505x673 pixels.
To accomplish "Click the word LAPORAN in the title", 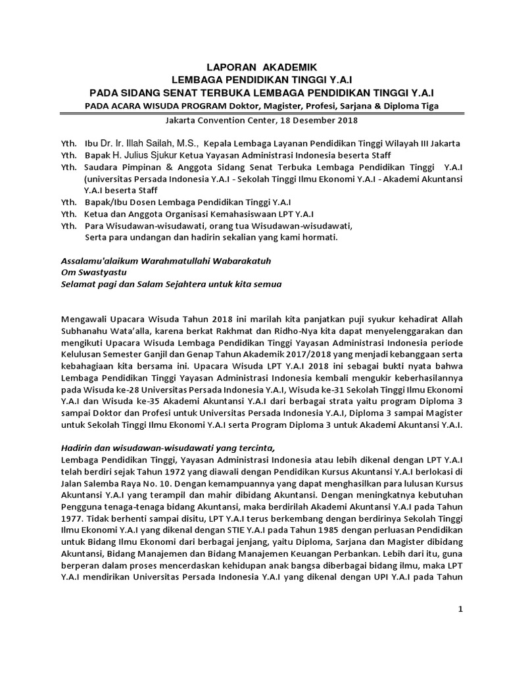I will [229, 67].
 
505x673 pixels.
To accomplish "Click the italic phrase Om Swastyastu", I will [93, 272].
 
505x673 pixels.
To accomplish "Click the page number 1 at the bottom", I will [461, 609].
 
